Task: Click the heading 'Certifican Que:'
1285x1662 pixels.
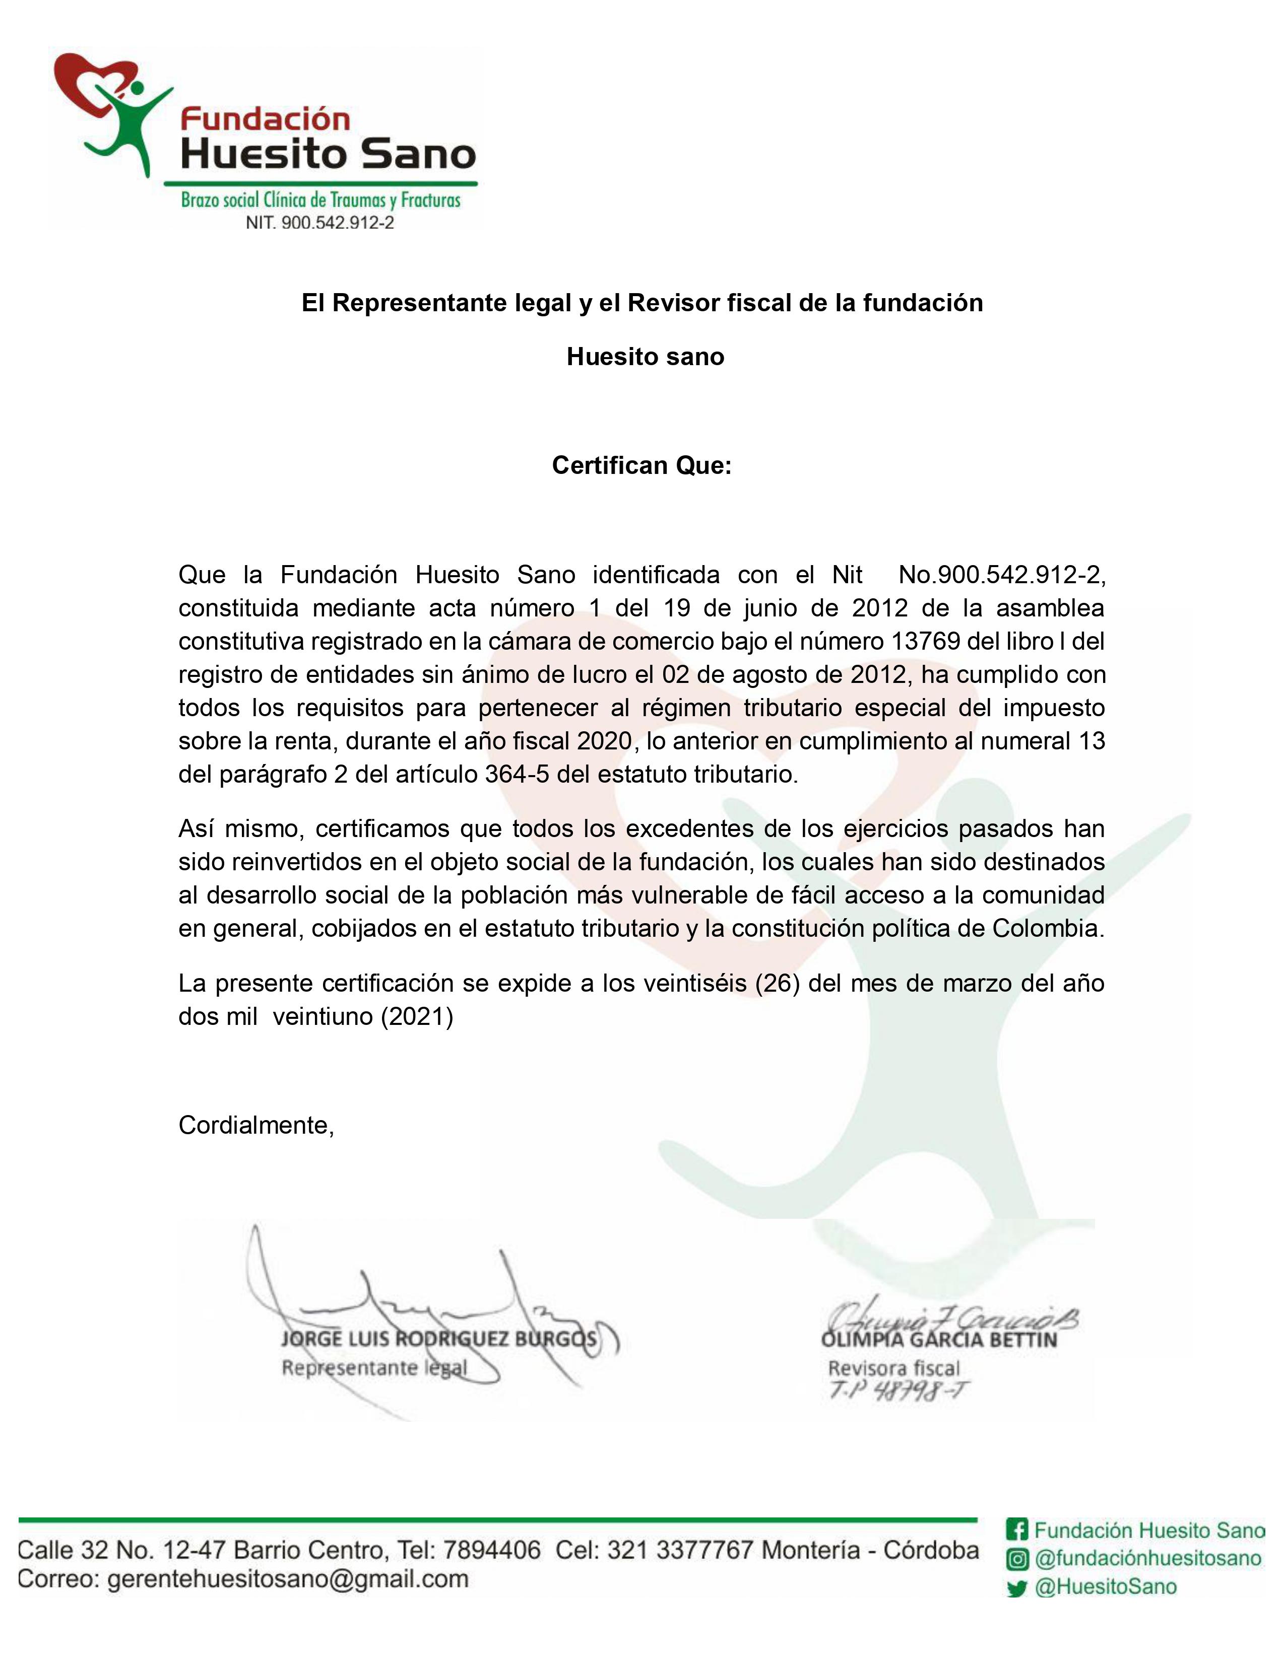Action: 641,465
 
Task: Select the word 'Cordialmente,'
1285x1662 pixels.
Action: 256,1125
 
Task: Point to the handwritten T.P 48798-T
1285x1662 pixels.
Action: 899,1391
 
